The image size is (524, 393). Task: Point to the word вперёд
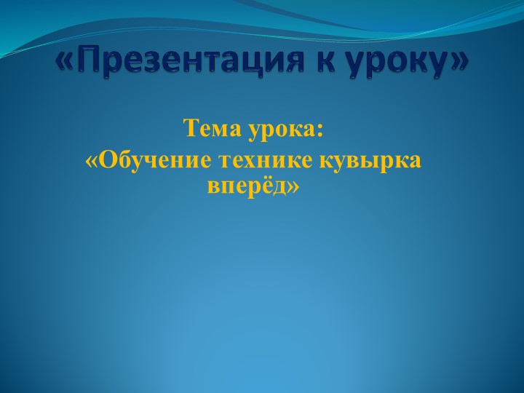247,187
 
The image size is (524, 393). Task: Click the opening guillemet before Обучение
91,160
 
